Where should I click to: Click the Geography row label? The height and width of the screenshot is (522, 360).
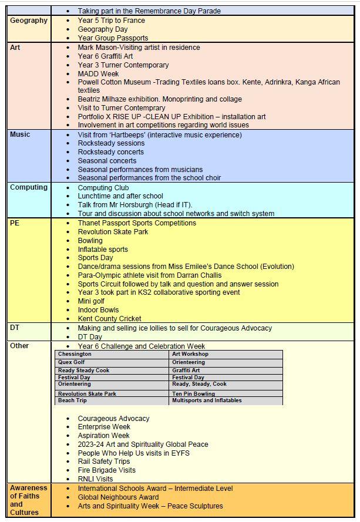[28, 21]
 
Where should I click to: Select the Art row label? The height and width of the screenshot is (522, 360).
[15, 47]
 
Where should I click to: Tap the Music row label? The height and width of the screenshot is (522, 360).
[20, 134]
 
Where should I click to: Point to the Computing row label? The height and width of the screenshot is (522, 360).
[29, 187]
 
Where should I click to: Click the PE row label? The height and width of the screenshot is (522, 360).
[15, 223]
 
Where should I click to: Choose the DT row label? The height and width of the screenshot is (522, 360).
[15, 328]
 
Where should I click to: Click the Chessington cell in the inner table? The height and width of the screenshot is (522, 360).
[75, 355]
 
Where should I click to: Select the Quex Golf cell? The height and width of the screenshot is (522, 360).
[71, 362]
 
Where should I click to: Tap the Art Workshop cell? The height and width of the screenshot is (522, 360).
[190, 355]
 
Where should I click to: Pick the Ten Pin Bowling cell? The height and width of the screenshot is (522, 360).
[193, 393]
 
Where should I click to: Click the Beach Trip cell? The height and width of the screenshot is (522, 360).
[72, 400]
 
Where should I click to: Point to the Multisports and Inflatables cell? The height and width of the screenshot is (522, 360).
[207, 400]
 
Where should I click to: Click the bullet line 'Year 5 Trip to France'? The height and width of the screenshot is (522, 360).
[111, 21]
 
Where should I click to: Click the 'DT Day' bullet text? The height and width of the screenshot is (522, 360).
[90, 337]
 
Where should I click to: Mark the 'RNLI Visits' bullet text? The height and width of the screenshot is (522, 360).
[95, 479]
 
